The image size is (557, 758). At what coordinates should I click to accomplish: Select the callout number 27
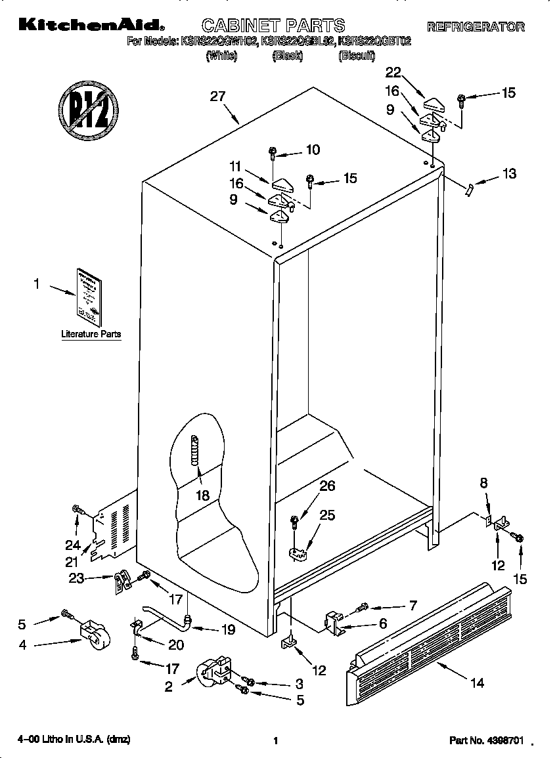click(x=217, y=96)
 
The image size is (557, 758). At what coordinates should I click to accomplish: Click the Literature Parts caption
click(x=91, y=334)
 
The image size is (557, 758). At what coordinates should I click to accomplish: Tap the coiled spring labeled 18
click(x=194, y=452)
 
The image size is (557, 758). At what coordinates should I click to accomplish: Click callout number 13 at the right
click(x=508, y=174)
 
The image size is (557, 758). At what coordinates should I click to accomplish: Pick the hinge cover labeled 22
click(x=434, y=102)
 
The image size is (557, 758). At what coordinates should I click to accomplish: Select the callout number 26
click(x=326, y=486)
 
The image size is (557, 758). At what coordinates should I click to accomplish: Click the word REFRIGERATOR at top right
click(x=476, y=27)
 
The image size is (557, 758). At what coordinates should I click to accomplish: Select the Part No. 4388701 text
click(x=486, y=740)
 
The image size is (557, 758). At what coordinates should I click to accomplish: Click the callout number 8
click(x=483, y=483)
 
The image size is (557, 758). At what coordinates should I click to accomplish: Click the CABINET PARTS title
click(x=273, y=26)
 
